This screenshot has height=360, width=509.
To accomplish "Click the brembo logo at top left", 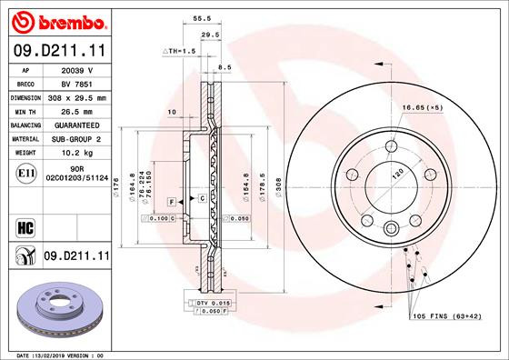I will (57, 21).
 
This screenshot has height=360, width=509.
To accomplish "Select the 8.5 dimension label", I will (225, 66).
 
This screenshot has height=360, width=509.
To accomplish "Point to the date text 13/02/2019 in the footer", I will (55, 355).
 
